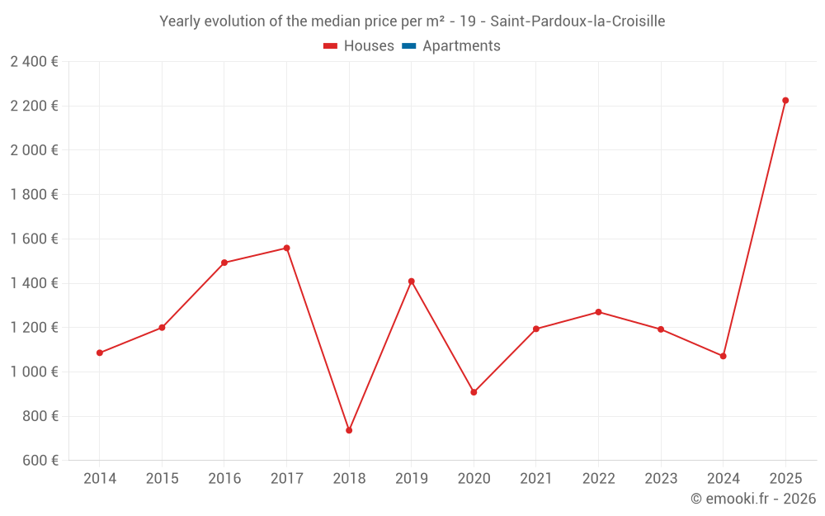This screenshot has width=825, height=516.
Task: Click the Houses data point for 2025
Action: tap(785, 101)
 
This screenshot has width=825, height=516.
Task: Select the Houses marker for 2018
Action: tap(349, 430)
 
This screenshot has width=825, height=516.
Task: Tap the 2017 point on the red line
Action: tap(286, 248)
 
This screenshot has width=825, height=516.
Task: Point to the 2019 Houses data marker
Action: tap(411, 282)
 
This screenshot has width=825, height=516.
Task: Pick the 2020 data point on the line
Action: tap(474, 392)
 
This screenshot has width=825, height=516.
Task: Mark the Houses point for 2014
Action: tap(100, 353)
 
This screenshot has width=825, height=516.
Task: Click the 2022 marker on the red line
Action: tap(598, 312)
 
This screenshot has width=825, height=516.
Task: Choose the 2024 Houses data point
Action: tap(723, 356)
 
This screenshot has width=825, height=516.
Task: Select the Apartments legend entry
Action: tap(460, 46)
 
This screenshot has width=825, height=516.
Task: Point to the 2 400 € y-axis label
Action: tap(34, 61)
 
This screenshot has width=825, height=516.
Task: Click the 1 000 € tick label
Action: tap(34, 372)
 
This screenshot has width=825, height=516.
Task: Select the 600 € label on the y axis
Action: tap(39, 460)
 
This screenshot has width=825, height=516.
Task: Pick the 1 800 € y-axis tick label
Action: tap(34, 194)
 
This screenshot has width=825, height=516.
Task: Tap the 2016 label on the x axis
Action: tap(224, 478)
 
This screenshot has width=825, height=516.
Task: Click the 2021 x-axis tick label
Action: tap(536, 478)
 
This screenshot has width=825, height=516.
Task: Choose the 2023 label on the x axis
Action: tap(661, 478)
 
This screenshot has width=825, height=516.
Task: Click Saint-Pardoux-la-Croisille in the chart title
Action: tap(577, 21)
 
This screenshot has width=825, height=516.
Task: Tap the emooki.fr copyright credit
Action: tap(753, 499)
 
